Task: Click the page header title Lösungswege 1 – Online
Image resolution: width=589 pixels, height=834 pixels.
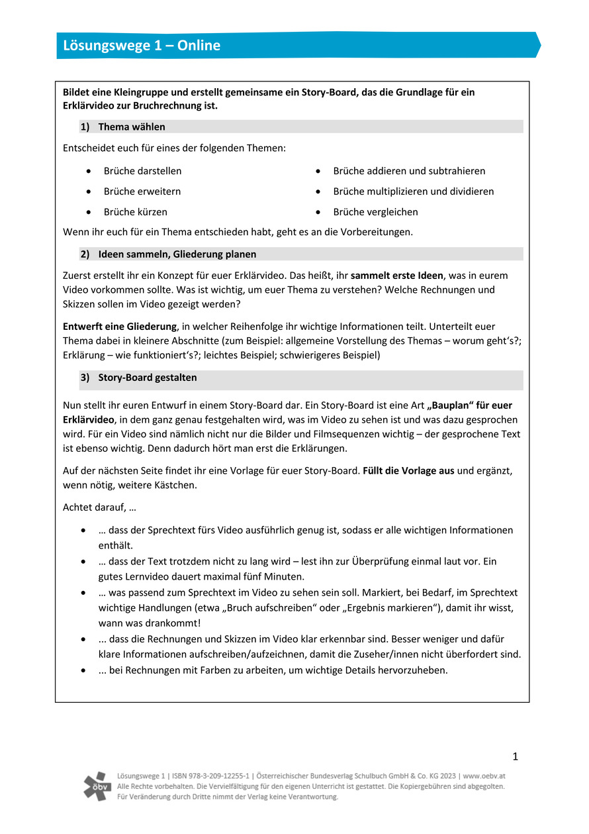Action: (x=142, y=46)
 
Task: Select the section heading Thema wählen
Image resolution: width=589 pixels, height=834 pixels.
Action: (x=132, y=127)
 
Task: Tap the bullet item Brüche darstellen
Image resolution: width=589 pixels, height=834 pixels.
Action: (x=142, y=171)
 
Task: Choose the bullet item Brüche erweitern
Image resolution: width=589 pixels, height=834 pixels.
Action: (x=142, y=191)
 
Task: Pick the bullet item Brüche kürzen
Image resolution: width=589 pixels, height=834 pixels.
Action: (x=135, y=212)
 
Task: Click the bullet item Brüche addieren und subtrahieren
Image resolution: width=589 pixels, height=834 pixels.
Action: (x=409, y=171)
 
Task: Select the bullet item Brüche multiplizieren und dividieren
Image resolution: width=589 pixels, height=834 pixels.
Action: (x=413, y=191)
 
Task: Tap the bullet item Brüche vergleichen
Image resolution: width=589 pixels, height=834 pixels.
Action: (x=375, y=212)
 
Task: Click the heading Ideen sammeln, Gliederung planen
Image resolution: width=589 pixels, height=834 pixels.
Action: (x=177, y=254)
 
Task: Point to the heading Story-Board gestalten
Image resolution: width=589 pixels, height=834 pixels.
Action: (x=147, y=378)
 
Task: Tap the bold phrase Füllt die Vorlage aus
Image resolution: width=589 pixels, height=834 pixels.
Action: (x=408, y=471)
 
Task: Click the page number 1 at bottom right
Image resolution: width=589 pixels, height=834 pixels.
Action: (x=516, y=756)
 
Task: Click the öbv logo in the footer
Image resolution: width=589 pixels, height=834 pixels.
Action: (x=97, y=786)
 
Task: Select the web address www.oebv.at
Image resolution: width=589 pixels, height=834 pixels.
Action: (x=484, y=776)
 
